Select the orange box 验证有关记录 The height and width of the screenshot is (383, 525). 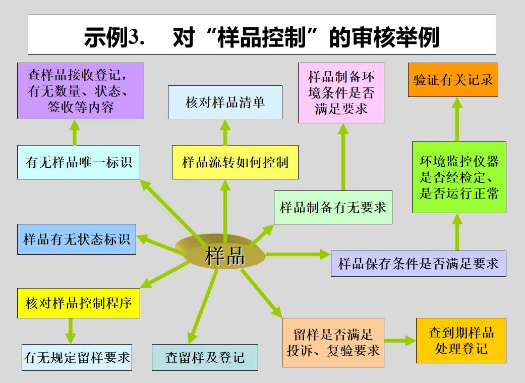click(x=453, y=80)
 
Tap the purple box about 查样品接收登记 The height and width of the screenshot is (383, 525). click(x=81, y=91)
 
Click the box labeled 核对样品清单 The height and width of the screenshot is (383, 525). click(x=225, y=102)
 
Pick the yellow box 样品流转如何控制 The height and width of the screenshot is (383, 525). click(x=235, y=162)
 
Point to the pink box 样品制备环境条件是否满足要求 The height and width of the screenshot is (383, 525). click(x=341, y=93)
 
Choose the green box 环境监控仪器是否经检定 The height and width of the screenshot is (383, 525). click(x=458, y=177)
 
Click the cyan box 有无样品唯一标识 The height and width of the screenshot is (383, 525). click(x=78, y=162)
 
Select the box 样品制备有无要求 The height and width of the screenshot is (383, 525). click(x=333, y=207)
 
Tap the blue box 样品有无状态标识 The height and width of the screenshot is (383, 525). click(x=77, y=239)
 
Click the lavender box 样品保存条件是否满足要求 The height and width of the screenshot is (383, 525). click(x=418, y=263)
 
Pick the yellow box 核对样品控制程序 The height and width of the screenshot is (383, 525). click(x=78, y=303)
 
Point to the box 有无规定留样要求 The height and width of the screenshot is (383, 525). click(x=77, y=357)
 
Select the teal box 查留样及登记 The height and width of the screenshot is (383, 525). click(x=205, y=357)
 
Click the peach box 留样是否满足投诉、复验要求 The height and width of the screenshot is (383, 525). click(x=333, y=342)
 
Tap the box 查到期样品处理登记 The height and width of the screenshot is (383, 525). click(x=461, y=340)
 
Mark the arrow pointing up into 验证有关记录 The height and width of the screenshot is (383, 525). click(x=457, y=119)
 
